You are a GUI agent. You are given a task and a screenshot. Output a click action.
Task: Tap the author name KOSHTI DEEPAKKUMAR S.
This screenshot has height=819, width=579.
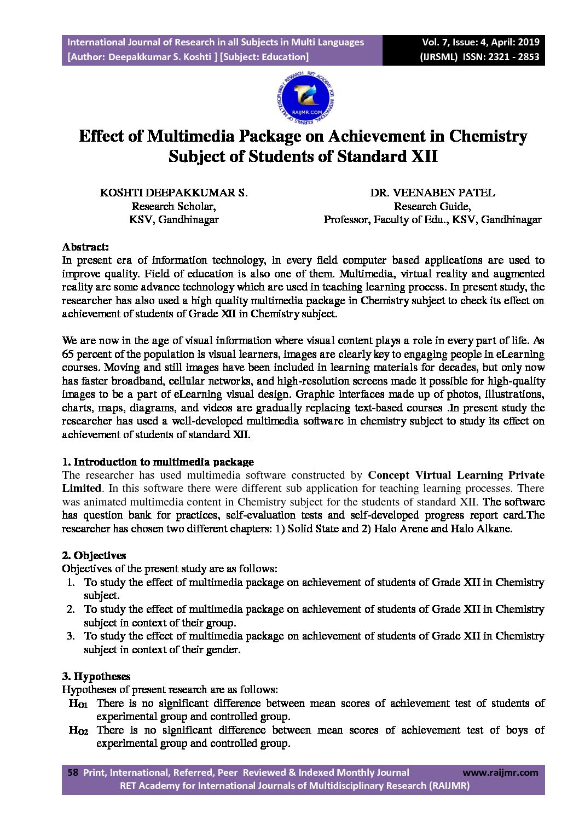point(173,193)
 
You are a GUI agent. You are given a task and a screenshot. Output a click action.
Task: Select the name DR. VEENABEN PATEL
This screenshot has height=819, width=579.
point(432,193)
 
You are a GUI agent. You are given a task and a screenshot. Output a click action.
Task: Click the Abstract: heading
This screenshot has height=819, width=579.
point(85,247)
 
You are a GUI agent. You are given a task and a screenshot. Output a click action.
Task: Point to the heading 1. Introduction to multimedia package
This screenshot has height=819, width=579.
point(158,462)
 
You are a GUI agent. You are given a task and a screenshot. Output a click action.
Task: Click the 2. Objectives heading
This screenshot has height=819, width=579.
point(94,555)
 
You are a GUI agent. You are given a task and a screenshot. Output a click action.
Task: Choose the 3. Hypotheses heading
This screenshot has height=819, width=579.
point(96,676)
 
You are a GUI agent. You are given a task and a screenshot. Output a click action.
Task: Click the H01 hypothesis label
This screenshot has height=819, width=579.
point(78,704)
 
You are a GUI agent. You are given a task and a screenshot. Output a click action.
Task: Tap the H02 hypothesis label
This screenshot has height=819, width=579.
point(78,730)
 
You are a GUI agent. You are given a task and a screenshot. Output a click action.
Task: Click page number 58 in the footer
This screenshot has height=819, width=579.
point(72,772)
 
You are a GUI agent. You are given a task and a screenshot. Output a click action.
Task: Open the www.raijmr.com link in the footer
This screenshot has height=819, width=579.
point(500,772)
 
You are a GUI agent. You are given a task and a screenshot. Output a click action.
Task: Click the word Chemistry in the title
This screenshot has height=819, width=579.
point(488,136)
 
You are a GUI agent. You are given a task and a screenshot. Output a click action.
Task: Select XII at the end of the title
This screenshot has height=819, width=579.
point(424,156)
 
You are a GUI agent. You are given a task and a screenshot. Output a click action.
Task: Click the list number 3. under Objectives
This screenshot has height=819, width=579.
point(71,636)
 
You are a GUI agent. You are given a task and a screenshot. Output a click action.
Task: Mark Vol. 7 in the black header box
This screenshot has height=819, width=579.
point(433,42)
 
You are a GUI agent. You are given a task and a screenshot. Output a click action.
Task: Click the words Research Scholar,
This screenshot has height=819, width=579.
point(173,206)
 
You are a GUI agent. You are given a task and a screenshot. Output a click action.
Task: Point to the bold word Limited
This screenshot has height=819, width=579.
point(82,488)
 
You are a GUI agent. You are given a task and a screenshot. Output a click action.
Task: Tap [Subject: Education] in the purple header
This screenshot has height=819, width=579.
point(264,57)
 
